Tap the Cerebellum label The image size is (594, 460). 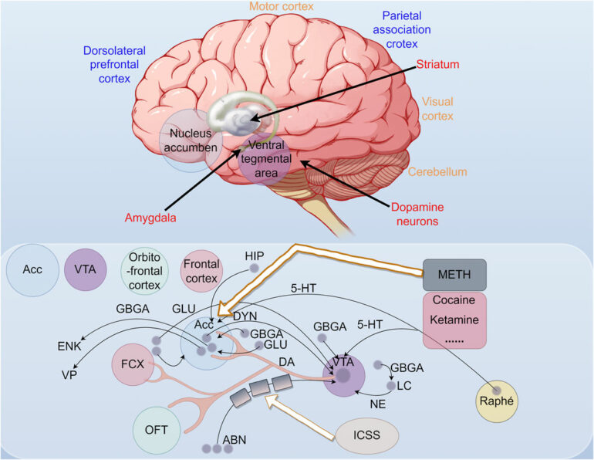pyautogui.click(x=438, y=171)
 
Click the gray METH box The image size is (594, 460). pyautogui.click(x=454, y=274)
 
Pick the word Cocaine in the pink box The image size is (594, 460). pyautogui.click(x=454, y=299)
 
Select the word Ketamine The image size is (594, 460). pyautogui.click(x=454, y=318)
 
